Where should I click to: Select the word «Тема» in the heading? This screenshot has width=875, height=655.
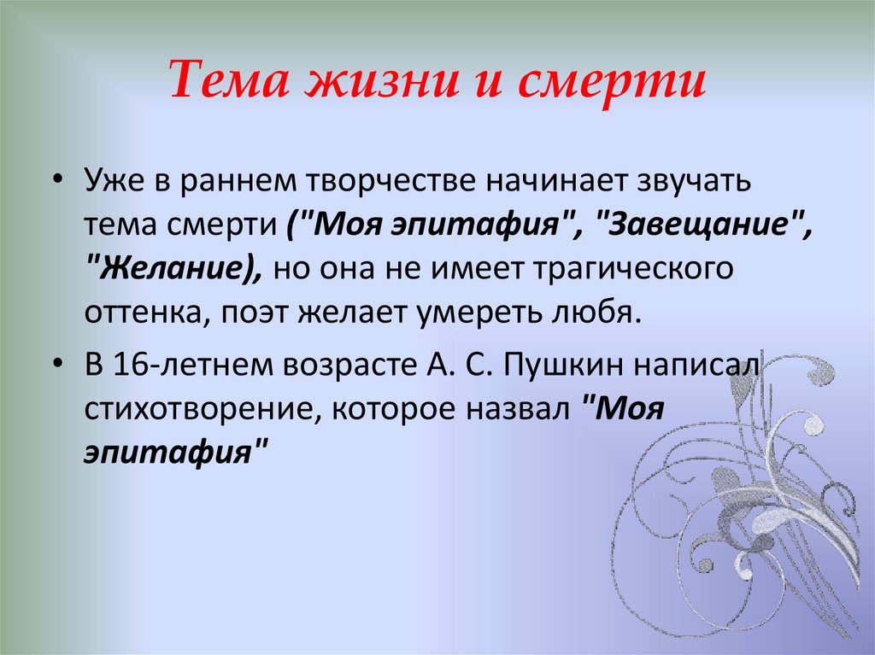tap(224, 83)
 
